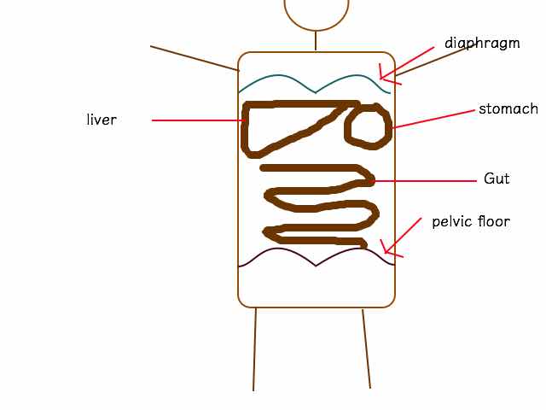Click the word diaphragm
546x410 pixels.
point(482,44)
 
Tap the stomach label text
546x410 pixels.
point(508,108)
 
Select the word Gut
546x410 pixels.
point(497,179)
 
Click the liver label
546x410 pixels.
point(102,120)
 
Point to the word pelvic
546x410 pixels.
point(452,222)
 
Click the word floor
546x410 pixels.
point(494,221)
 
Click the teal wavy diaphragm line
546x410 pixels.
point(315,91)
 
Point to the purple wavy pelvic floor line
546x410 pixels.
point(316,266)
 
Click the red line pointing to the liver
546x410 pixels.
point(199,120)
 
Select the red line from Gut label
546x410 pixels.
point(423,181)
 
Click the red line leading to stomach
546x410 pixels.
point(433,120)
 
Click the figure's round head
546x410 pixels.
point(317,30)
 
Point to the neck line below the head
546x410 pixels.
point(316,41)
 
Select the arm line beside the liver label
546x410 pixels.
point(195,58)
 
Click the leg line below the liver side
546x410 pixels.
point(254,349)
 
